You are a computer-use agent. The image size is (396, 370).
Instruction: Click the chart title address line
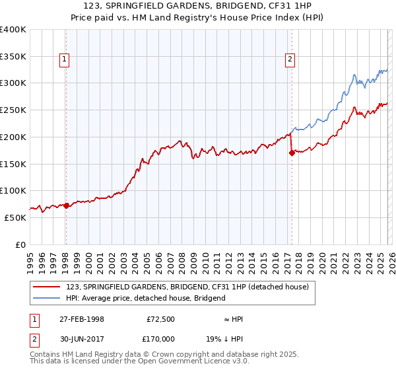click(197, 6)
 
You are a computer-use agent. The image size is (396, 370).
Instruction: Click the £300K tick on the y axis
click(13, 83)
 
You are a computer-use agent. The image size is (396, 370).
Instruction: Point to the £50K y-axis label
click(15, 217)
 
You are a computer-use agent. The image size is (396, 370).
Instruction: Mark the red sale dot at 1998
click(66, 205)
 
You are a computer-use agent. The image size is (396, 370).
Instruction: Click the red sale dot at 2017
click(292, 153)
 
